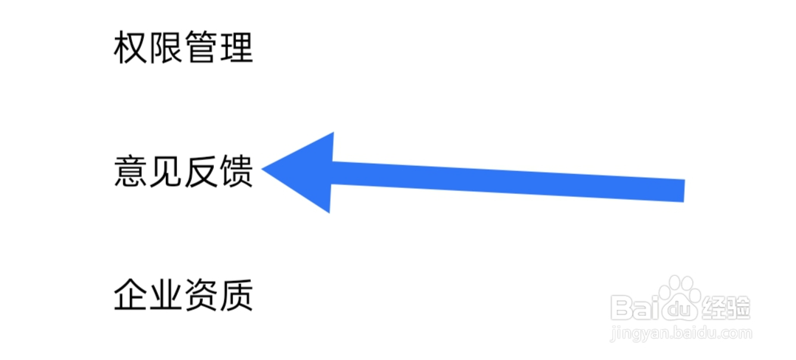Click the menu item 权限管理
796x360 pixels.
[183, 48]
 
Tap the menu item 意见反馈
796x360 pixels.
[183, 172]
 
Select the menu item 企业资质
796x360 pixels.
[183, 295]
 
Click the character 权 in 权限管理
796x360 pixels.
[131, 48]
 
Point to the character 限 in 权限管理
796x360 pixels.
[165, 48]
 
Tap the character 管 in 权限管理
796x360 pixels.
[201, 48]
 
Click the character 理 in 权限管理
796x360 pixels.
[236, 48]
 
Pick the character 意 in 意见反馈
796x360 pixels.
[131, 172]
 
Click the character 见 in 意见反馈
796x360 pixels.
[165, 172]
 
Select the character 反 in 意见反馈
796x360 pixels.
[201, 172]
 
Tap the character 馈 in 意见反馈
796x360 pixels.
[236, 172]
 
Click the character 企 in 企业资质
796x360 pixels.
[131, 295]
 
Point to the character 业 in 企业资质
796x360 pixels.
[165, 295]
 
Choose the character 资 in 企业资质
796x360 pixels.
[201, 295]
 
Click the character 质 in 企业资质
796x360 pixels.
[236, 295]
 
